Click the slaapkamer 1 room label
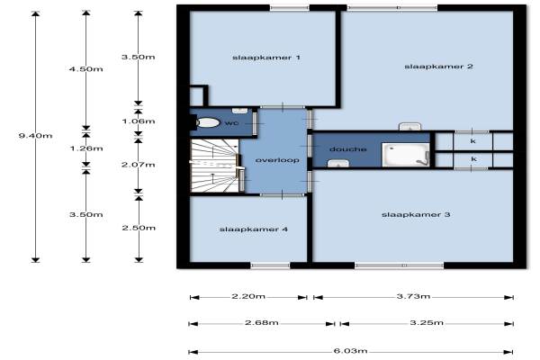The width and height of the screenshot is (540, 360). click(266, 58)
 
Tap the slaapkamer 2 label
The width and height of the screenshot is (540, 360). click(438, 67)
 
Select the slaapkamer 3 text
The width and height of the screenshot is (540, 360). click(416, 214)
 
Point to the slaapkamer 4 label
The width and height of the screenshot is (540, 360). click(254, 229)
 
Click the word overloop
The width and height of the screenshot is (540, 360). click(277, 160)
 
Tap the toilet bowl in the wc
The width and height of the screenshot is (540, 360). click(207, 122)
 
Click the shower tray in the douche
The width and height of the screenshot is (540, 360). click(406, 155)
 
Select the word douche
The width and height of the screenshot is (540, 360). click(347, 149)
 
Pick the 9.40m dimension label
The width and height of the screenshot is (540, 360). click(35, 136)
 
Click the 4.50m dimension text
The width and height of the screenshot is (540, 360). click(86, 69)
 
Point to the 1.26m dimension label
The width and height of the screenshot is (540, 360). click(86, 148)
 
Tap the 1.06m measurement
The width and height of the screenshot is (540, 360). click(139, 121)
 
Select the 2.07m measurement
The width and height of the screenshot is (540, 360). click(139, 165)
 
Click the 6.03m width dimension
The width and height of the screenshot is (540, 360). click(351, 351)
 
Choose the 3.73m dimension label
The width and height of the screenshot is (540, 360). click(413, 296)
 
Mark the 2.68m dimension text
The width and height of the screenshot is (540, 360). click(262, 323)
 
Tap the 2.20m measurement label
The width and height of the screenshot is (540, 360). click(248, 296)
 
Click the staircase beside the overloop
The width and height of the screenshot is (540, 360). click(215, 166)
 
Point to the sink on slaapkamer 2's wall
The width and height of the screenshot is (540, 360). click(409, 126)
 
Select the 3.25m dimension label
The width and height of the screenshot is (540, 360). click(427, 323)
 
